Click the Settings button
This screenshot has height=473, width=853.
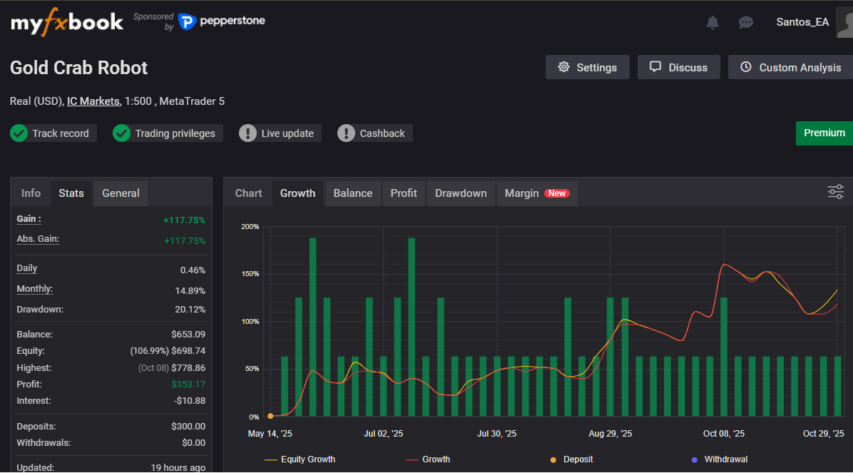pyautogui.click(x=587, y=67)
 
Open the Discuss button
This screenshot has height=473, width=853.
pyautogui.click(x=678, y=67)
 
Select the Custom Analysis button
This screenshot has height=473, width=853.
pyautogui.click(x=790, y=67)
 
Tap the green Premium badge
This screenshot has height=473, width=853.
pyautogui.click(x=824, y=133)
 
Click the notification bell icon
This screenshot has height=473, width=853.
pyautogui.click(x=712, y=22)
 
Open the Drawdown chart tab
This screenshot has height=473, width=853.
pyautogui.click(x=461, y=193)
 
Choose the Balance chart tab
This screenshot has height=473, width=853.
pyautogui.click(x=353, y=193)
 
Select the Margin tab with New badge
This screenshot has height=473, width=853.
pyautogui.click(x=536, y=193)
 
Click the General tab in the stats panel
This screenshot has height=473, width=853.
pyautogui.click(x=121, y=193)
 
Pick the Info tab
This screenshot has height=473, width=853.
pyautogui.click(x=31, y=193)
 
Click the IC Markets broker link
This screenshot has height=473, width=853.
pyautogui.click(x=93, y=101)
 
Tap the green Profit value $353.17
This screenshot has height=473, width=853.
pyautogui.click(x=188, y=385)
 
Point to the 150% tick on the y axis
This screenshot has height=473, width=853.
pyautogui.click(x=250, y=274)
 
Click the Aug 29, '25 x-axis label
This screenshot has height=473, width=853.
pyautogui.click(x=610, y=434)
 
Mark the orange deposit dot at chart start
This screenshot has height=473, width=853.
pyautogui.click(x=270, y=416)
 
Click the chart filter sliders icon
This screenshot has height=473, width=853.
pyautogui.click(x=835, y=192)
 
